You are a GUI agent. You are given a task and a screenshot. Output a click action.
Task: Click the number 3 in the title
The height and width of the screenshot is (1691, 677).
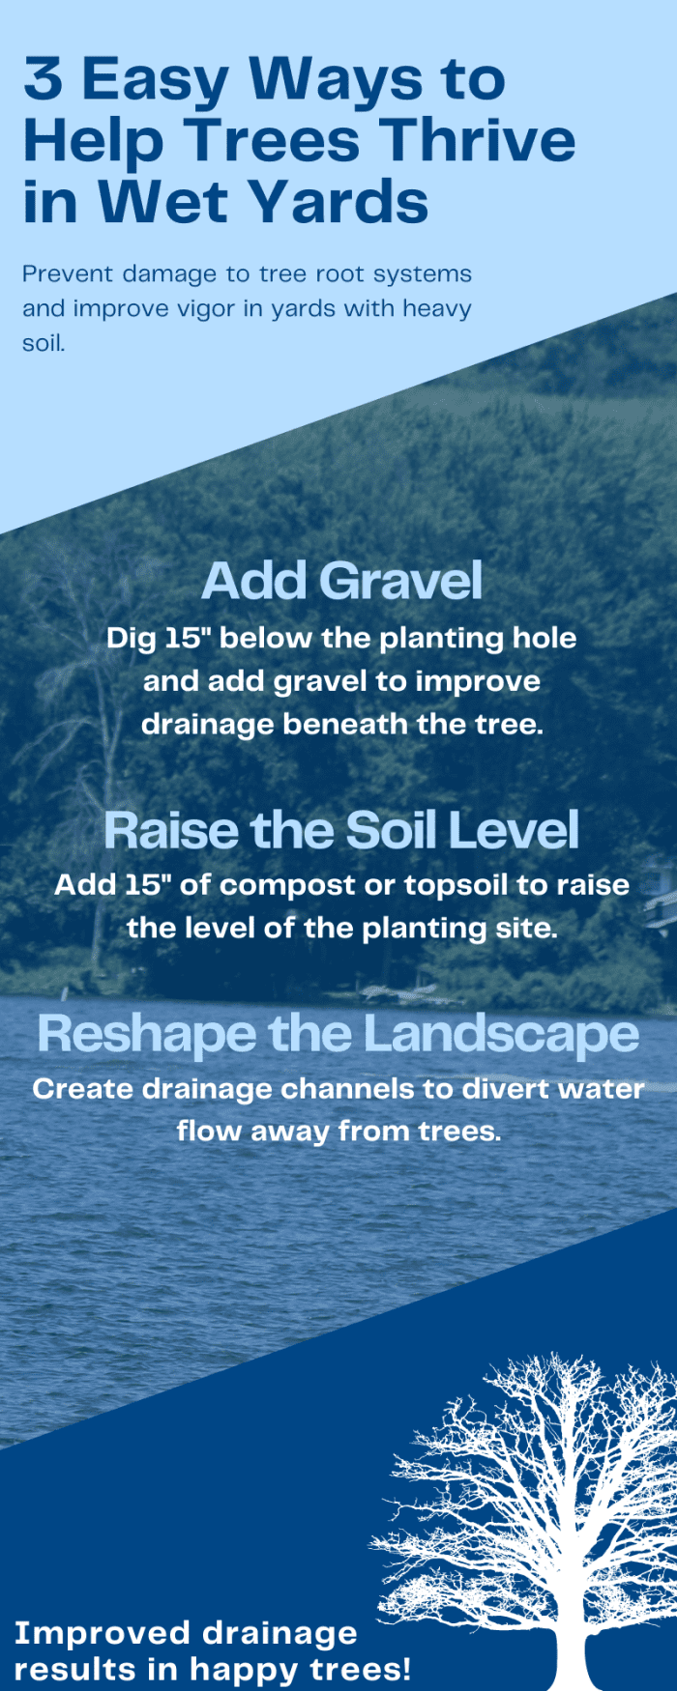click(x=43, y=78)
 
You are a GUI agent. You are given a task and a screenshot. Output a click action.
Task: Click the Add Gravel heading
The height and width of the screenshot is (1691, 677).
click(x=341, y=581)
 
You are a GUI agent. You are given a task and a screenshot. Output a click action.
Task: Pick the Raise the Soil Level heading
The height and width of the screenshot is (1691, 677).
click(x=341, y=830)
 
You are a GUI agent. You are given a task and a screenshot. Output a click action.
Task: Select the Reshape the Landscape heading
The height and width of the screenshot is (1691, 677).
click(x=338, y=1034)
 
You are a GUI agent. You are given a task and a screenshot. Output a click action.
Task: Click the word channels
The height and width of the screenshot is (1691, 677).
click(x=349, y=1089)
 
